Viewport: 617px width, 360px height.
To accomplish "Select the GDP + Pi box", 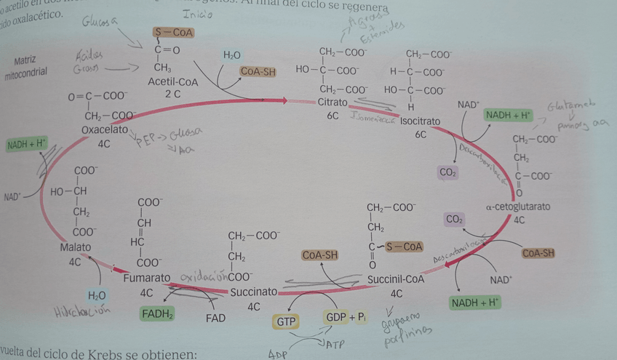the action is tap(346, 318).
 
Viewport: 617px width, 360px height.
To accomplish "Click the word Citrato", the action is tap(333, 103).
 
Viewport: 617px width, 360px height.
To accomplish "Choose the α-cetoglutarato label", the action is tap(518, 207).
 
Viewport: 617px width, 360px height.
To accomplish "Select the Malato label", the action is tap(76, 247).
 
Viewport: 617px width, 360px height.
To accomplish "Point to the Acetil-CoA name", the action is tap(173, 82).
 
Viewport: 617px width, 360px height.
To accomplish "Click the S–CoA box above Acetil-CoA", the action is tap(173, 33).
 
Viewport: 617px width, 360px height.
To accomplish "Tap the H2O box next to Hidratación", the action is tap(97, 295).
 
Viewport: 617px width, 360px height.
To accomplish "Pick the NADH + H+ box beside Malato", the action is tap(25, 144).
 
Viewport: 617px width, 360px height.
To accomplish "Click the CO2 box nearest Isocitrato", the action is tap(448, 172).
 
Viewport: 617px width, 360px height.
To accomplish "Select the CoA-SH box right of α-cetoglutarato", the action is tap(539, 253).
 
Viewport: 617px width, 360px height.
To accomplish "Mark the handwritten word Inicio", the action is tap(198, 13).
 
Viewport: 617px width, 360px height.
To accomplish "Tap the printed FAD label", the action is tap(216, 318).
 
